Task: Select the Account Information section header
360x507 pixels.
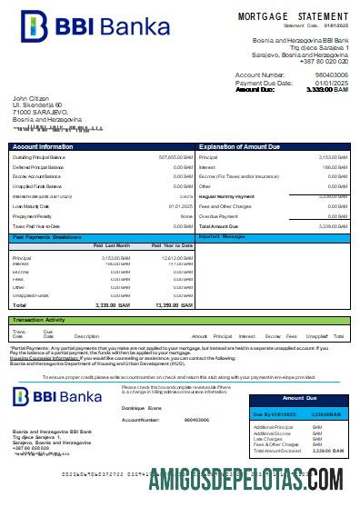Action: click(x=43, y=145)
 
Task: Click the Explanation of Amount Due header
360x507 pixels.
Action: click(x=239, y=145)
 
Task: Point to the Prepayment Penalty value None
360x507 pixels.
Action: click(x=186, y=215)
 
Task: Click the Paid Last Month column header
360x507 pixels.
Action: click(x=112, y=245)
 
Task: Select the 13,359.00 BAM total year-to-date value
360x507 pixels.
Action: click(x=173, y=305)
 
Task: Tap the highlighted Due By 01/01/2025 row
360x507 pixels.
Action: click(x=298, y=414)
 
